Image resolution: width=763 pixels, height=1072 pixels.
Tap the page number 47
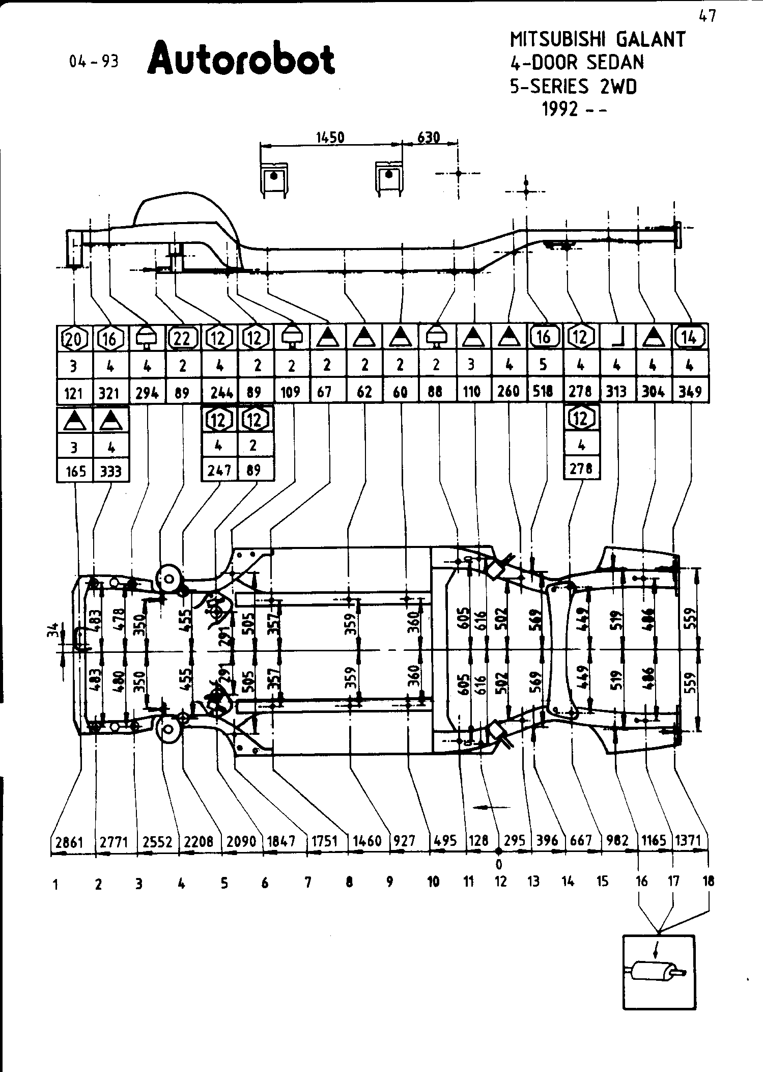(x=707, y=16)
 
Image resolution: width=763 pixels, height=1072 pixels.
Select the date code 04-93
(x=94, y=62)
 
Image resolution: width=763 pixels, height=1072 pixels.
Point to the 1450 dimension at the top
(x=330, y=138)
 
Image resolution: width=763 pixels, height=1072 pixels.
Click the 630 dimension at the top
(x=429, y=138)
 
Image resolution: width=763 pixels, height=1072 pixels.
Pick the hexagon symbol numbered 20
(x=74, y=338)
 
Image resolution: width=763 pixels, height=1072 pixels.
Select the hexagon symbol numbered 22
(x=182, y=338)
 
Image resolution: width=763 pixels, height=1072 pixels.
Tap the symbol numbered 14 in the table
(x=690, y=337)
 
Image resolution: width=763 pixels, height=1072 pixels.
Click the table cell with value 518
(x=544, y=392)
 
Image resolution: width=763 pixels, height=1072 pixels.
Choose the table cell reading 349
(x=690, y=392)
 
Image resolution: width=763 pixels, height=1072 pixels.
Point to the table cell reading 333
(x=111, y=471)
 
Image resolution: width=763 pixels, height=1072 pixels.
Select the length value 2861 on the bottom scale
(x=69, y=842)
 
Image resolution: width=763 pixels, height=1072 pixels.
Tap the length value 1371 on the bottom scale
(x=688, y=841)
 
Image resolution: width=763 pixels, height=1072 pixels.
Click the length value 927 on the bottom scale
(x=405, y=841)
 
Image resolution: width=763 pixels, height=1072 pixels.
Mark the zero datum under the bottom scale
(x=499, y=864)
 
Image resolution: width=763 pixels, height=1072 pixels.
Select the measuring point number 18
(x=708, y=882)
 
